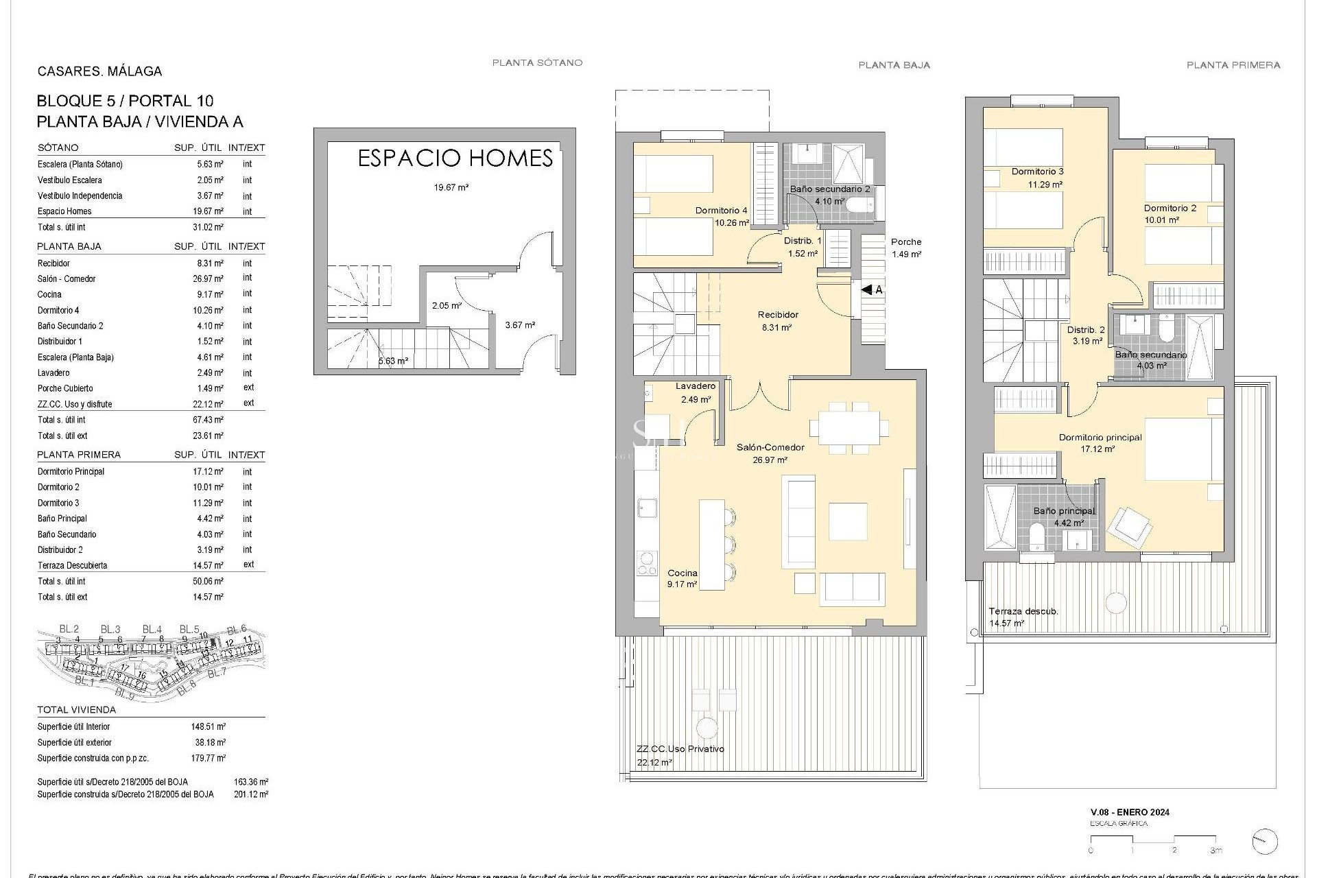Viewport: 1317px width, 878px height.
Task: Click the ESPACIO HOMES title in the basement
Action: pos(455,158)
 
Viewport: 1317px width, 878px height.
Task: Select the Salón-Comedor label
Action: pos(770,447)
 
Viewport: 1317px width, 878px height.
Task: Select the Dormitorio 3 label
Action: pos(1037,171)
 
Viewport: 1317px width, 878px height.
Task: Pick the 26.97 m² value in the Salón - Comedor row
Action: pos(209,279)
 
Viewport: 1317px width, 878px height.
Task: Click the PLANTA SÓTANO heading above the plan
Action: pos(537,62)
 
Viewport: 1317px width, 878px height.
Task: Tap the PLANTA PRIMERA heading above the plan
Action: pos(1233,65)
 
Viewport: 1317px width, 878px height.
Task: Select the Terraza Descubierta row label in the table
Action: pos(72,566)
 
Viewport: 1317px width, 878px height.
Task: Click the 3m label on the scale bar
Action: pos(1215,851)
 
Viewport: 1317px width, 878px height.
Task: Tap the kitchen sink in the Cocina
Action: pos(646,508)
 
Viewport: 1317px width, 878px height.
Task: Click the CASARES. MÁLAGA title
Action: pos(99,71)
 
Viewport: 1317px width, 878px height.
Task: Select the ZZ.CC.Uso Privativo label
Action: pos(680,749)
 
